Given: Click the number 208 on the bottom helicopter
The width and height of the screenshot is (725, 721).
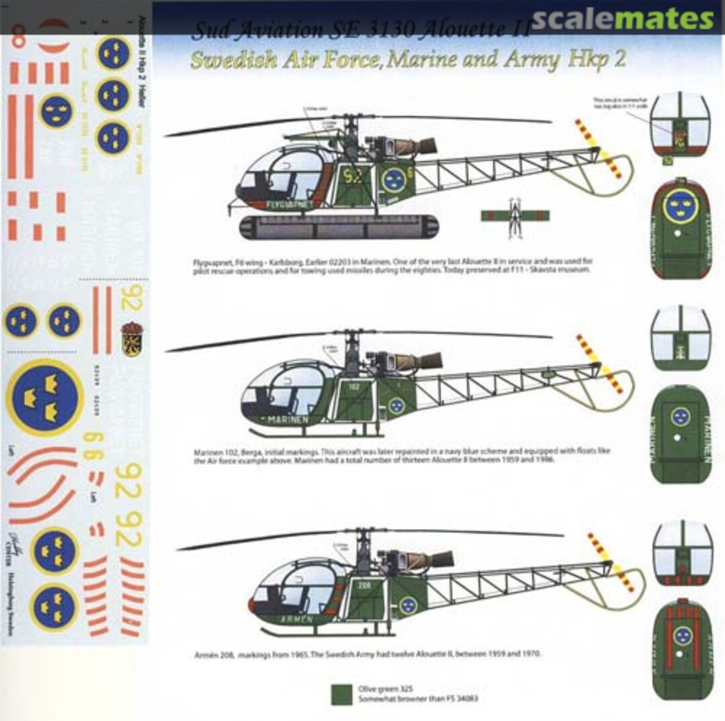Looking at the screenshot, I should pos(364,584).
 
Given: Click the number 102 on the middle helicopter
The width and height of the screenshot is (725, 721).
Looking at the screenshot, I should pos(354,387).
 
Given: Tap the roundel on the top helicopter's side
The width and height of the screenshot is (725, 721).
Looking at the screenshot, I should pos(394,179).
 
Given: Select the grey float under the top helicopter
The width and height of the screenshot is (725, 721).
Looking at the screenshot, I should pos(339,227).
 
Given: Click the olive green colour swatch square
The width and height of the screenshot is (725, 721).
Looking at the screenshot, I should pos(342,693).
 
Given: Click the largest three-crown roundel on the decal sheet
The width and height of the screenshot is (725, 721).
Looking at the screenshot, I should pos(45,397).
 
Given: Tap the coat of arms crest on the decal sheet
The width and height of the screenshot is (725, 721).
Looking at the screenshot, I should pos(131,339).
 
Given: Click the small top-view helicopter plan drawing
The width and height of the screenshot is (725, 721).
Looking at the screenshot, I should pos(515,216).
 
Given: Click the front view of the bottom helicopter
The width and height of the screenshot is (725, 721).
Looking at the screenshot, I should pos(682,553).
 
